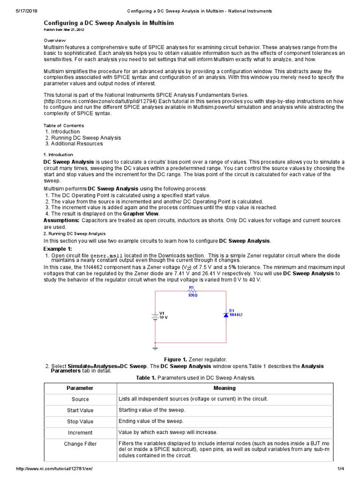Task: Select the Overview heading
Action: tap(55, 41)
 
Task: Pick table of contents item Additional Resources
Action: tap(79, 144)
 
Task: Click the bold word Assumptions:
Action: tap(61, 220)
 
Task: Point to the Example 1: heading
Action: tap(58, 248)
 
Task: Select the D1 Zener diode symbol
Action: tap(225, 315)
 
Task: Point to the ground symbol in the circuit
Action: tap(155, 348)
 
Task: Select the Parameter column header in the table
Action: tap(80, 388)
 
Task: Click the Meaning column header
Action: tap(225, 388)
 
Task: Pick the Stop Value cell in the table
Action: tap(80, 421)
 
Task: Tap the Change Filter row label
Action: tap(80, 444)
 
